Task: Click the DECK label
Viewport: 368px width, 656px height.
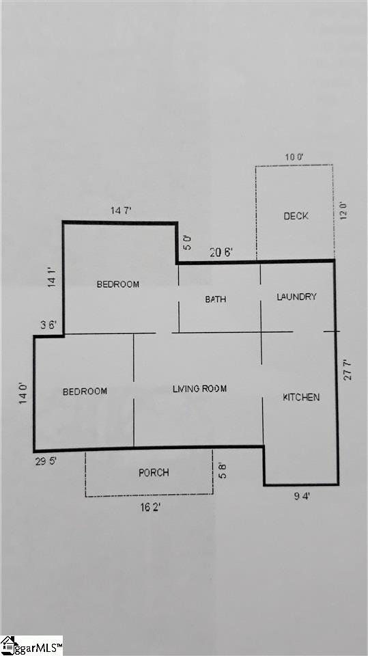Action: (296, 216)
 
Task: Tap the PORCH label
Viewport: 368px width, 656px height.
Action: (154, 473)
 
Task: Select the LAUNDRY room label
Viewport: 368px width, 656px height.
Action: (296, 297)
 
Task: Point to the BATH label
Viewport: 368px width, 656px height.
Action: (215, 299)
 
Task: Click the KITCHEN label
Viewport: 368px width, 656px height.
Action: (301, 397)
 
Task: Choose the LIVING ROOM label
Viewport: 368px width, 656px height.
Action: (200, 389)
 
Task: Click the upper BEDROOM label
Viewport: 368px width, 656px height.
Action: (118, 284)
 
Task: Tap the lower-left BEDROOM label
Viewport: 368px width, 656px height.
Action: (85, 392)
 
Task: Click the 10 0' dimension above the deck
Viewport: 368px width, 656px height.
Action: (294, 157)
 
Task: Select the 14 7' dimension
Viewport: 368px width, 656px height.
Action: (122, 211)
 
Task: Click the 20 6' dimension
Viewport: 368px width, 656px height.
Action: (221, 253)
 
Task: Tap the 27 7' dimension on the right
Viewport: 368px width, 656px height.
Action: (348, 370)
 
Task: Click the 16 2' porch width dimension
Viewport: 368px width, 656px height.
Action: (150, 508)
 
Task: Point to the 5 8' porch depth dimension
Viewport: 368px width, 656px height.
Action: (223, 471)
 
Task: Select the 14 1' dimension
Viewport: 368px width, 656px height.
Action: (51, 277)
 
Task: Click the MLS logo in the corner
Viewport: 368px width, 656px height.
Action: (32, 646)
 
